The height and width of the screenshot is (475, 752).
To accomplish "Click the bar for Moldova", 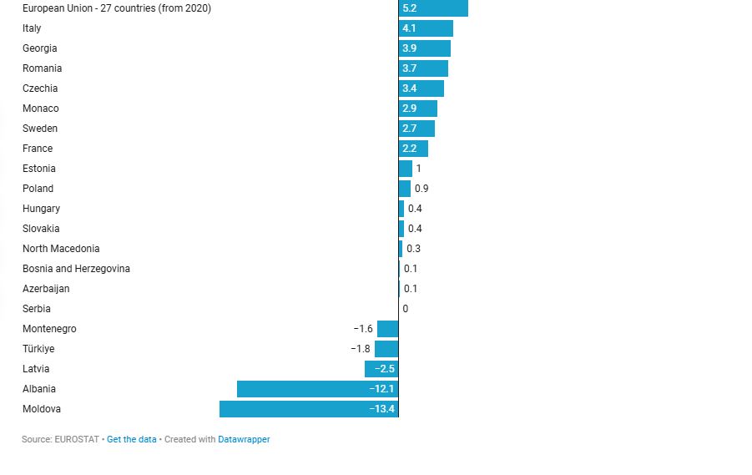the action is pyautogui.click(x=309, y=409).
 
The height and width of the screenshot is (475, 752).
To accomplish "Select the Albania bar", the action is pyautogui.click(x=317, y=389).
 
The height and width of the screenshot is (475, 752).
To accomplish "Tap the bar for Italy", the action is pyautogui.click(x=426, y=28).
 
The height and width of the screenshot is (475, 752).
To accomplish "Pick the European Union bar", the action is pyautogui.click(x=433, y=8).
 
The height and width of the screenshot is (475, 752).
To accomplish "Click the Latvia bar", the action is pyautogui.click(x=381, y=369).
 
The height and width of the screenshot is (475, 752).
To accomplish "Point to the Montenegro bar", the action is pyautogui.click(x=387, y=329).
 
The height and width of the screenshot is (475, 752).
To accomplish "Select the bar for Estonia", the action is pyautogui.click(x=406, y=169).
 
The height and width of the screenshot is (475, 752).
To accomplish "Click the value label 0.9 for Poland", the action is pyautogui.click(x=421, y=189).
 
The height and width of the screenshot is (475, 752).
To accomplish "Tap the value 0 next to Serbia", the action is pyautogui.click(x=406, y=309).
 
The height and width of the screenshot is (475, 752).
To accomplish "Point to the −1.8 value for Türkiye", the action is pyautogui.click(x=361, y=349).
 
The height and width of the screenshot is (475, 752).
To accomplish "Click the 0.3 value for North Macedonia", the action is pyautogui.click(x=413, y=249).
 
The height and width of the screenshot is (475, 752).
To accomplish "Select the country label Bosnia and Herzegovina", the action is pyautogui.click(x=76, y=269).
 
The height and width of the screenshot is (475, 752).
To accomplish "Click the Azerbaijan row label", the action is pyautogui.click(x=46, y=289).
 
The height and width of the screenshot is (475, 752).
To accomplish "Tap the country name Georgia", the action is pyautogui.click(x=40, y=48).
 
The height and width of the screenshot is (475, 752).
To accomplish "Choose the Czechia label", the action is pyautogui.click(x=40, y=88).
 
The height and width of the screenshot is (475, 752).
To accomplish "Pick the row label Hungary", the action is pyautogui.click(x=41, y=209).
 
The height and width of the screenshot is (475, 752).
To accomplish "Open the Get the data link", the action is pyautogui.click(x=131, y=439).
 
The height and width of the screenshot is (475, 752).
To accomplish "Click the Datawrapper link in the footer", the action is pyautogui.click(x=244, y=439).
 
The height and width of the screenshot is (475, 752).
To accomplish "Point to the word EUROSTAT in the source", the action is pyautogui.click(x=77, y=439).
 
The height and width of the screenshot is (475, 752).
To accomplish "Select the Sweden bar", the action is pyautogui.click(x=416, y=129).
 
